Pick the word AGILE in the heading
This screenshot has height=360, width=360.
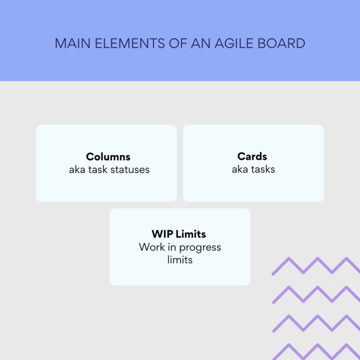tap(235, 44)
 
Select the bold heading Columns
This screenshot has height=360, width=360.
tap(108, 157)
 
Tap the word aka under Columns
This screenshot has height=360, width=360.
tap(78, 169)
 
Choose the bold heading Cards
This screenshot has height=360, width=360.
tap(253, 157)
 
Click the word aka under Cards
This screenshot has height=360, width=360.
tap(240, 169)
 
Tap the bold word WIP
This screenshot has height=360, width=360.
tap(162, 234)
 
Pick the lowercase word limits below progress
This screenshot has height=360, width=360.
tap(180, 259)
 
